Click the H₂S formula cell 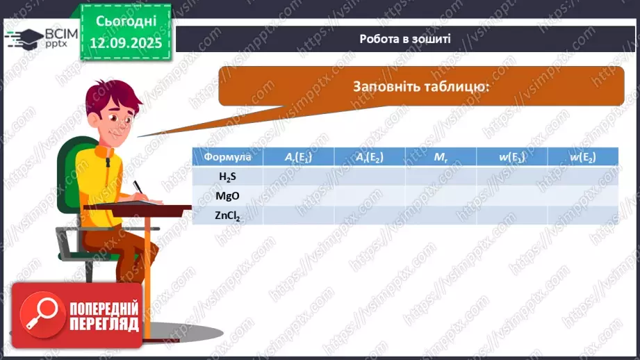click(x=227, y=177)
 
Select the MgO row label click(x=227, y=196)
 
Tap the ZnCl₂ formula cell click(x=227, y=215)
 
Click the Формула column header click(x=227, y=157)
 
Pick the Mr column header click(x=441, y=157)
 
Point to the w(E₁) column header click(x=511, y=157)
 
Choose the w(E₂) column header click(x=583, y=157)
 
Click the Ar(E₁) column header click(x=298, y=157)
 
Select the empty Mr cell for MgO click(x=441, y=196)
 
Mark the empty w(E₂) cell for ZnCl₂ click(x=583, y=215)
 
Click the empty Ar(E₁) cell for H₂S click(x=298, y=177)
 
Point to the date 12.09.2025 click(x=125, y=43)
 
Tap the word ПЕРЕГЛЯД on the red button click(x=104, y=325)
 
